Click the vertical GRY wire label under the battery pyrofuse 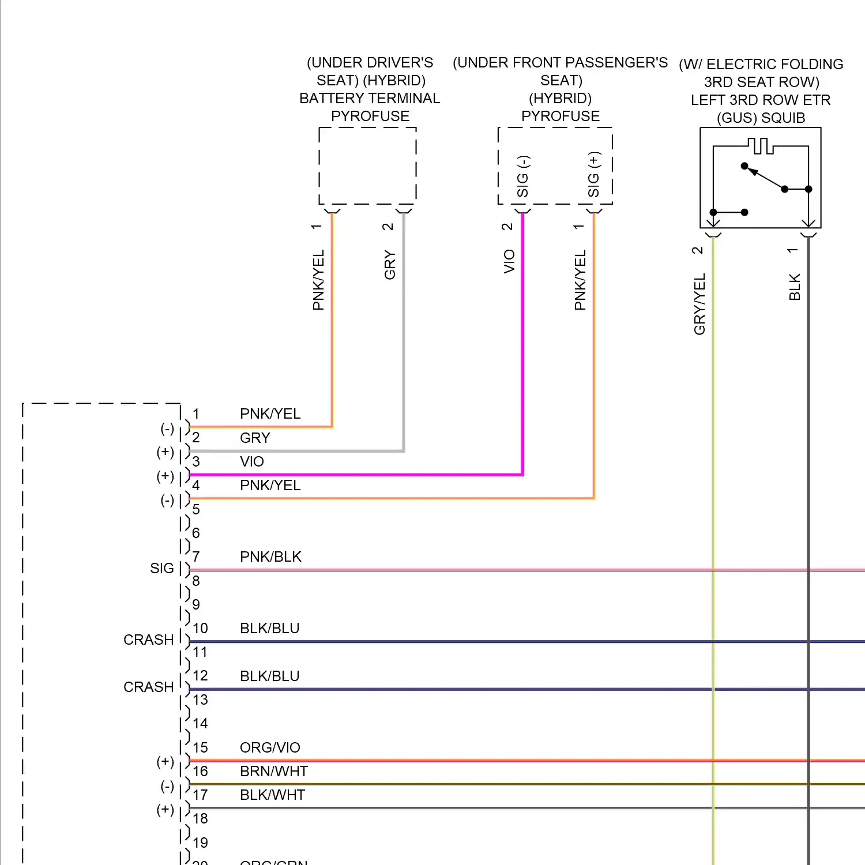390,265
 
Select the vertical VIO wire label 509,261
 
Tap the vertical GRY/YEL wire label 699,304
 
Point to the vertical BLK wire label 795,287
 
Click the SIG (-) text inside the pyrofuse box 522,176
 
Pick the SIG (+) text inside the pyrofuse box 593,174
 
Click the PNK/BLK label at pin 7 270,556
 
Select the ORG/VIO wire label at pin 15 270,747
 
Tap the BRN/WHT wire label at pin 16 274,771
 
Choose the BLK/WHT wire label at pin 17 272,795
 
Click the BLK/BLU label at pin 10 269,628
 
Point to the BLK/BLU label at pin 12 269,676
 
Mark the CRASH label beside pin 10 148,640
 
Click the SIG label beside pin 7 161,568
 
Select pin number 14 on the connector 200,723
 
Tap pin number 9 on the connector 196,604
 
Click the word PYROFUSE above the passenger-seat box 560,116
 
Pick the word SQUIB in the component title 783,118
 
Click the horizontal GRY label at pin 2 255,438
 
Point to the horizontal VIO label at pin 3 252,461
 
